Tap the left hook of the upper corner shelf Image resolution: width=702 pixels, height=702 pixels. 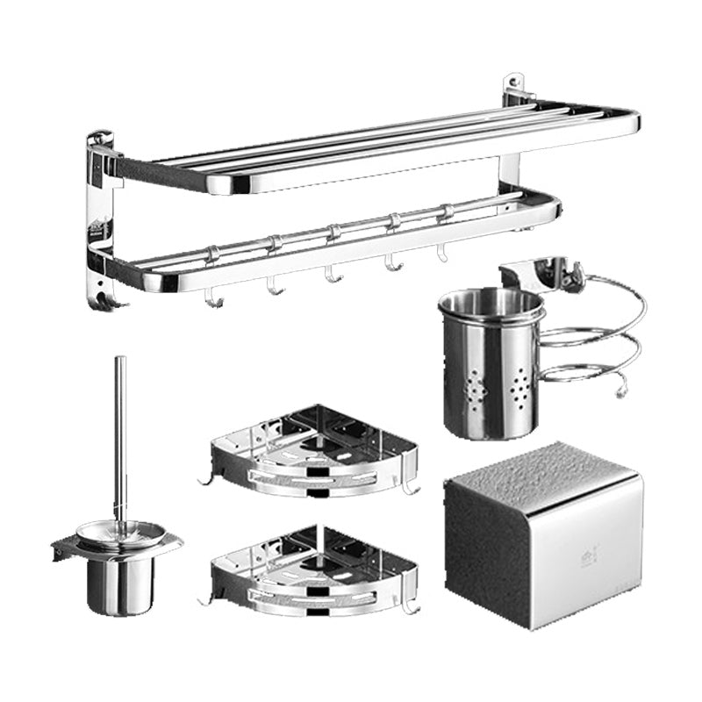(207, 479)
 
